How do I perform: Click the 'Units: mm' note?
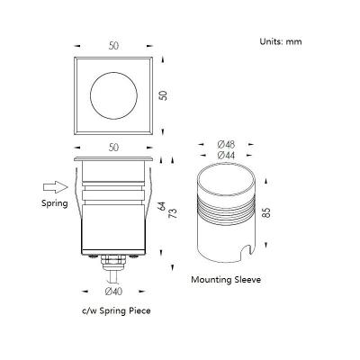tap(281, 41)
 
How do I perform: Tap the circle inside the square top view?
tap(113, 72)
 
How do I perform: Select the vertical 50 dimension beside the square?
tap(164, 95)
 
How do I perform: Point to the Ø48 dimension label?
tap(226, 145)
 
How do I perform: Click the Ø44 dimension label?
tap(226, 155)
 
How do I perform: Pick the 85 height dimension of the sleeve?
tap(266, 212)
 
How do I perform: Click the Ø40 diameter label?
tap(113, 291)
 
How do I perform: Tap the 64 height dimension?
tap(162, 206)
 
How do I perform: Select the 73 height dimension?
tap(174, 213)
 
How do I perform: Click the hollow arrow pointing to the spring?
tap(56, 187)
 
